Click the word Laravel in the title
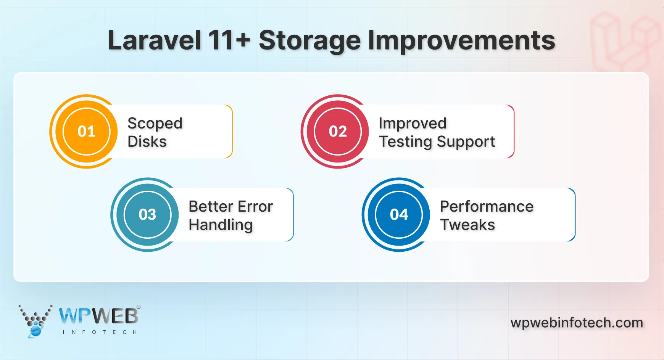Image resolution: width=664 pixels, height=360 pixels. click(x=154, y=40)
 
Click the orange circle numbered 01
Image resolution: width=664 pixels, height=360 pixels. click(x=87, y=131)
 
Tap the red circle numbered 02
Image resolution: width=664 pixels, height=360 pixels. click(x=338, y=131)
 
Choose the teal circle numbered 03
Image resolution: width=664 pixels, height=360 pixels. click(x=147, y=214)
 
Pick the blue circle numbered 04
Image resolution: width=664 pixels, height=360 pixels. click(x=399, y=214)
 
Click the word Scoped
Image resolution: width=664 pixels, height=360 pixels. click(x=155, y=124)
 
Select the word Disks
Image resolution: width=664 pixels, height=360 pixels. click(x=147, y=142)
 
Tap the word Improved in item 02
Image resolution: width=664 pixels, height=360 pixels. click(x=413, y=124)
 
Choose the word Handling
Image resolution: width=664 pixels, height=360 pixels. click(x=221, y=225)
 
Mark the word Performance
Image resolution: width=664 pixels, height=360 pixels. click(x=487, y=207)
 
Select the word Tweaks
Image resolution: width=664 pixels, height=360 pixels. click(x=467, y=225)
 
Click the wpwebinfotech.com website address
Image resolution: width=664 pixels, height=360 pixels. click(x=577, y=323)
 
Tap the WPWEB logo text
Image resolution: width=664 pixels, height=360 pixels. click(x=99, y=316)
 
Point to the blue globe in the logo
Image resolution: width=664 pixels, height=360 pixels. click(x=35, y=331)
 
